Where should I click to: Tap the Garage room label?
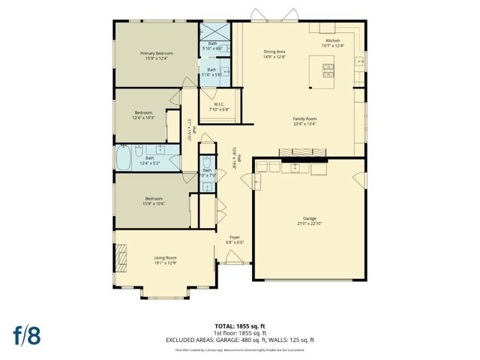click(x=309, y=218)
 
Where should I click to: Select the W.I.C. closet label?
click(x=219, y=104)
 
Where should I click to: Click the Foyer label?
click(x=235, y=238)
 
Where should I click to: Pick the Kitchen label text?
click(x=332, y=41)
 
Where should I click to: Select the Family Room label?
click(x=304, y=118)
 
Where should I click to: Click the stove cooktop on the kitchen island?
click(x=328, y=70)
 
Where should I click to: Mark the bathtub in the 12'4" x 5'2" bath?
click(x=123, y=158)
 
